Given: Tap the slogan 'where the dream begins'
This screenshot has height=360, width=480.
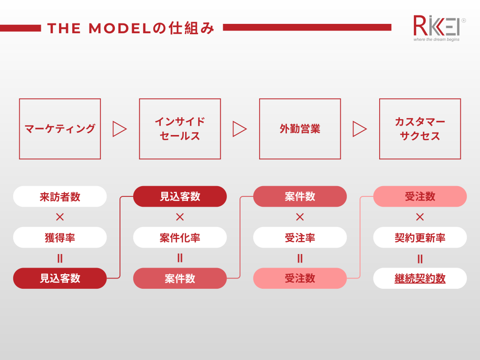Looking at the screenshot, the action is click(436, 39).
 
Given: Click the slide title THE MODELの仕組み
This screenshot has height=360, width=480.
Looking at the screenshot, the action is click(131, 28).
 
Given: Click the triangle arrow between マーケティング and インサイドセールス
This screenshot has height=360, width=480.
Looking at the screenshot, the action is click(120, 129).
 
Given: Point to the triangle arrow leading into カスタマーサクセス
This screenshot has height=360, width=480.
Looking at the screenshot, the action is click(360, 129).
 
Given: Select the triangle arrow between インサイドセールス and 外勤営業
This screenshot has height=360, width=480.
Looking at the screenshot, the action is click(240, 129).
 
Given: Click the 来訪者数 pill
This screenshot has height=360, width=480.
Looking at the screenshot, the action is click(60, 196).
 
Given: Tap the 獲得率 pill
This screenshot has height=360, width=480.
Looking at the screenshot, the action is click(60, 238).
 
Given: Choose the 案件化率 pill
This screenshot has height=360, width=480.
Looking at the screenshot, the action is click(180, 238).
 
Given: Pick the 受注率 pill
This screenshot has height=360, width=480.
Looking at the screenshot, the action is click(300, 238).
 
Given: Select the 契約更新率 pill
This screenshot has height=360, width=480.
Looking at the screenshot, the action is click(420, 238).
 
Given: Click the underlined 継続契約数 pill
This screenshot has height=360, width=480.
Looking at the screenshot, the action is click(420, 278).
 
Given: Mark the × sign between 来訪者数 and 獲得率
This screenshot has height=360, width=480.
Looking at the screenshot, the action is click(60, 217).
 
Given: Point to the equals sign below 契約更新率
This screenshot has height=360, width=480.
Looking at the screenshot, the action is click(420, 259).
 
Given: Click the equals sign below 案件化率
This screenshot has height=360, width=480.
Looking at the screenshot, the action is click(180, 258).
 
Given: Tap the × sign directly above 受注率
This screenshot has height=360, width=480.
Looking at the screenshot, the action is click(300, 217).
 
